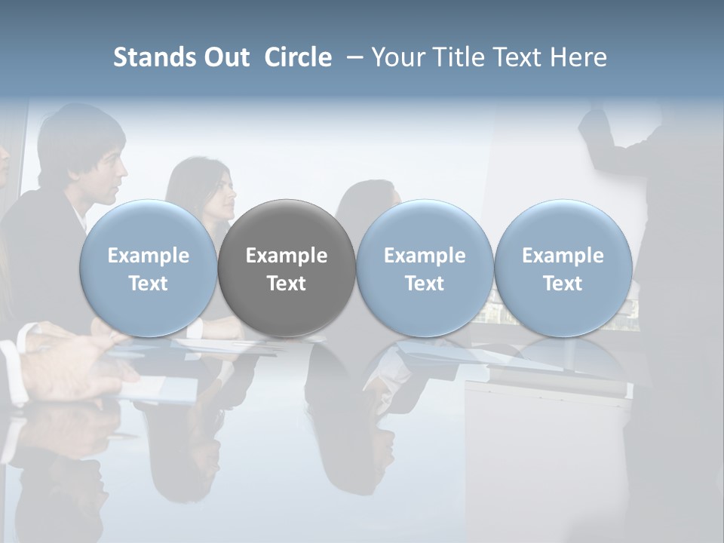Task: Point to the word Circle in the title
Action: pyautogui.click(x=298, y=57)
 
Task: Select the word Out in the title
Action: pyautogui.click(x=225, y=57)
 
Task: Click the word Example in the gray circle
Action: pyautogui.click(x=287, y=256)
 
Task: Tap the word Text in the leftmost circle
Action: pyautogui.click(x=149, y=284)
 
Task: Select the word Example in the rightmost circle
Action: pyautogui.click(x=563, y=256)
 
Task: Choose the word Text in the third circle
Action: pyautogui.click(x=425, y=284)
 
